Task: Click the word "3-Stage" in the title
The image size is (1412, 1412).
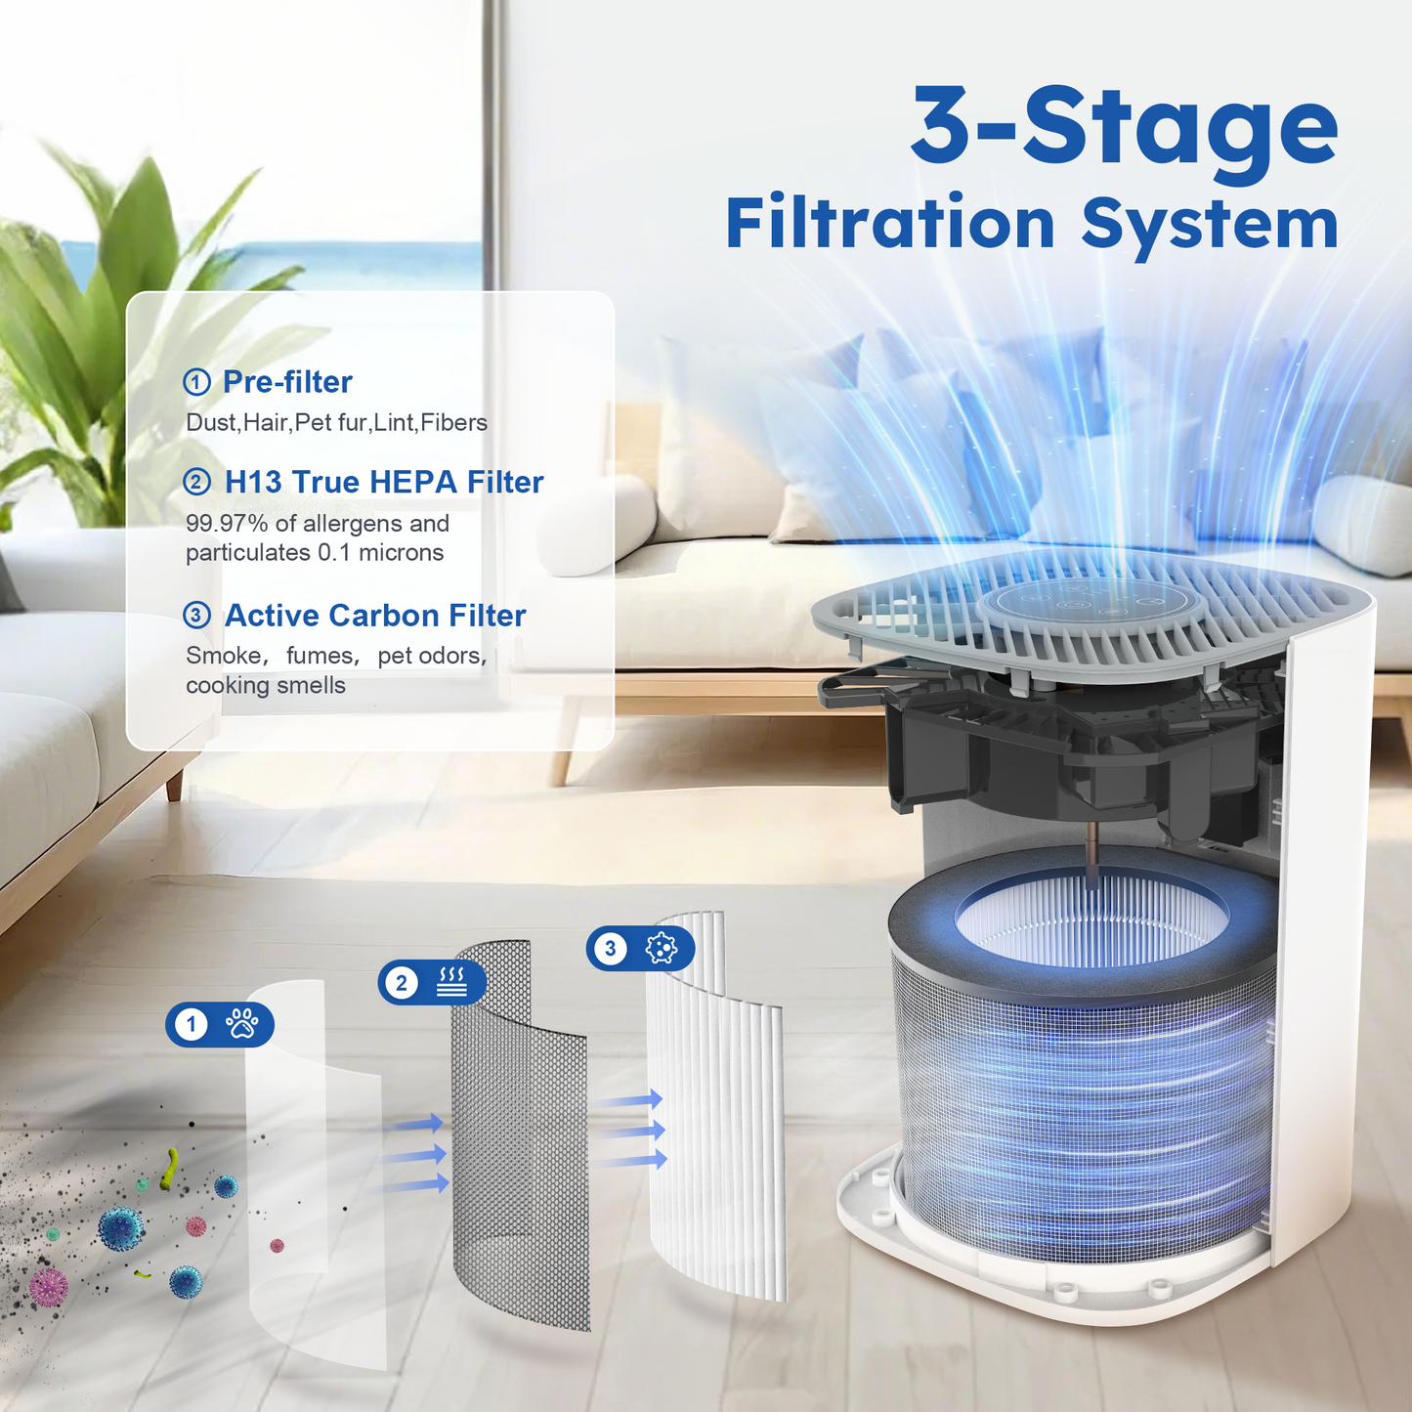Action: [x=1124, y=127]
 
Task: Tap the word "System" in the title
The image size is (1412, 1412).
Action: [x=1210, y=225]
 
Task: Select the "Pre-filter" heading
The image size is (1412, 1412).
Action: [x=287, y=382]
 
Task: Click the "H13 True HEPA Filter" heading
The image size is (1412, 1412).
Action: [x=384, y=482]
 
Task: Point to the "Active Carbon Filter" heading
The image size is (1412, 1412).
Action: [x=375, y=616]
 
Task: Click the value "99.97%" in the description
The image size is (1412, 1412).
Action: [x=227, y=524]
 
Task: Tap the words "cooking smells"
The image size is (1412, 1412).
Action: [x=266, y=686]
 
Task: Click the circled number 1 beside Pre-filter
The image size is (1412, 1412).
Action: [x=196, y=382]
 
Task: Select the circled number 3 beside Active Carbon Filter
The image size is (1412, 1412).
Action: [x=196, y=615]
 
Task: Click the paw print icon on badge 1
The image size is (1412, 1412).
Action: [x=242, y=1023]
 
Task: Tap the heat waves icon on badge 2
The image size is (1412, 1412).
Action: [x=451, y=982]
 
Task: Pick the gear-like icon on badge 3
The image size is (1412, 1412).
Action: [x=662, y=948]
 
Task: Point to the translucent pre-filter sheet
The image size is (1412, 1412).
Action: [x=313, y=1173]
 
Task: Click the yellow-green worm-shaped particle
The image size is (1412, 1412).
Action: [x=171, y=1169]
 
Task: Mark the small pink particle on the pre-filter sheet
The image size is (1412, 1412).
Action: [x=277, y=1246]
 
